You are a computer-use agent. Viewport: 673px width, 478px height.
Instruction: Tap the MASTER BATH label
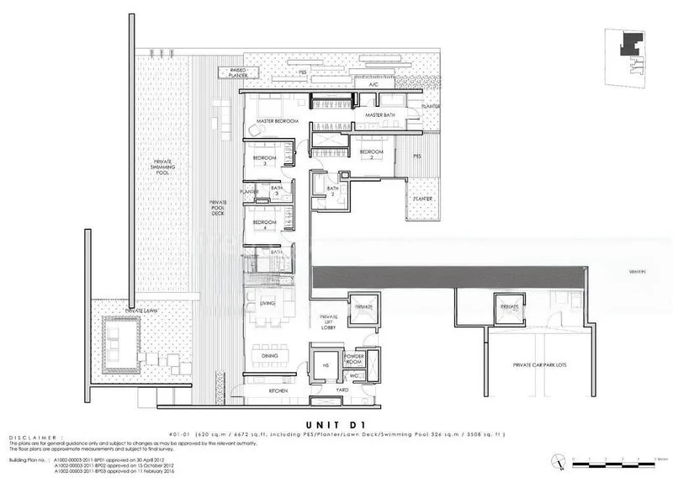[x=379, y=115]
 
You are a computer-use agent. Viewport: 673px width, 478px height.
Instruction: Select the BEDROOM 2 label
[x=371, y=154]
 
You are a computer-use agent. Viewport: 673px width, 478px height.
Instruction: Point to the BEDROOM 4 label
[x=265, y=223]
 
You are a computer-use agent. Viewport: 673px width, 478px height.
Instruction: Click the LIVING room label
[x=268, y=303]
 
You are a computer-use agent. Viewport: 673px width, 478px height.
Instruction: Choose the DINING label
[x=269, y=356]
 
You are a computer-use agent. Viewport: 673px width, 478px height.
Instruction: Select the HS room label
[x=324, y=364]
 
